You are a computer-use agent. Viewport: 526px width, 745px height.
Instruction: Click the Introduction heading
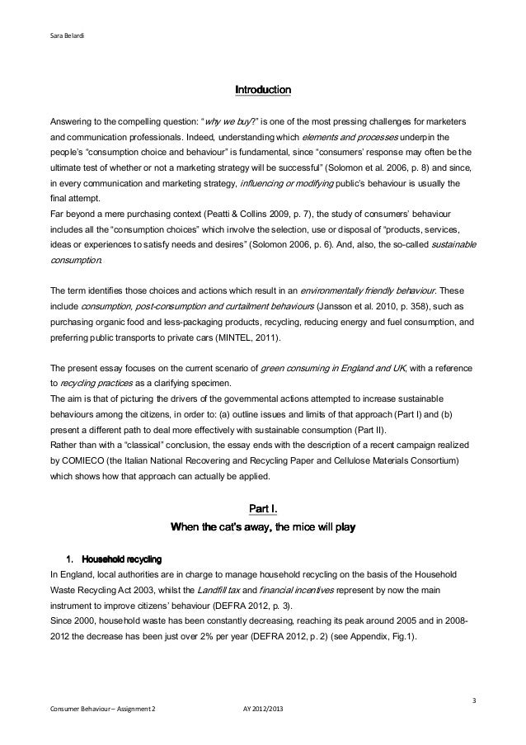[263, 87]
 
